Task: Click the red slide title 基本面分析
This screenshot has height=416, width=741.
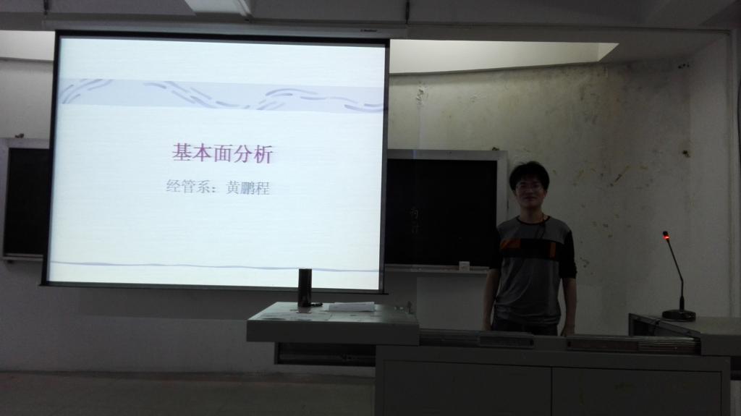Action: coord(222,154)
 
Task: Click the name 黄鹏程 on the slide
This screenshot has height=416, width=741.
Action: coord(248,187)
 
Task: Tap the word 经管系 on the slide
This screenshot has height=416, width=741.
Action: coord(187,186)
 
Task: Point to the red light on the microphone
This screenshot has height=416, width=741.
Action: coord(666,235)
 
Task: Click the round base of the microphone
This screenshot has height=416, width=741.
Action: coord(679,315)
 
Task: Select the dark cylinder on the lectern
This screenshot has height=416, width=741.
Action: coord(305,287)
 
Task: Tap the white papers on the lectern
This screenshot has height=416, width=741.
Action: coord(352,307)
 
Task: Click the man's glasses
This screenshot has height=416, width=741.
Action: coord(529,186)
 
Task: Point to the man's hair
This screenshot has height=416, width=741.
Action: coord(529,173)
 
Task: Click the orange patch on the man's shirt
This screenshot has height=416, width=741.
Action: coord(509,244)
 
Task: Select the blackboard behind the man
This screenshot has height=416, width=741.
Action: coord(442,212)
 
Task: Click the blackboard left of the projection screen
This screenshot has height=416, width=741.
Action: coord(27,201)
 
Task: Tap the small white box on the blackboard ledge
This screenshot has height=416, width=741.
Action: coord(465,266)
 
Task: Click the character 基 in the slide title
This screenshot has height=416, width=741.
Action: coord(181,153)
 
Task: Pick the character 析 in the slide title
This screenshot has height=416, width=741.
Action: coord(263,155)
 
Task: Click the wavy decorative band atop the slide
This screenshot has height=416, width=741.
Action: coord(222,95)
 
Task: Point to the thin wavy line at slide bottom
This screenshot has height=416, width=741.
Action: coord(215,266)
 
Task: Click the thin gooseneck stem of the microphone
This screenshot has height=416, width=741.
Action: coord(676,272)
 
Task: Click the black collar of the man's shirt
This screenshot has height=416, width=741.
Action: coord(533,220)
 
